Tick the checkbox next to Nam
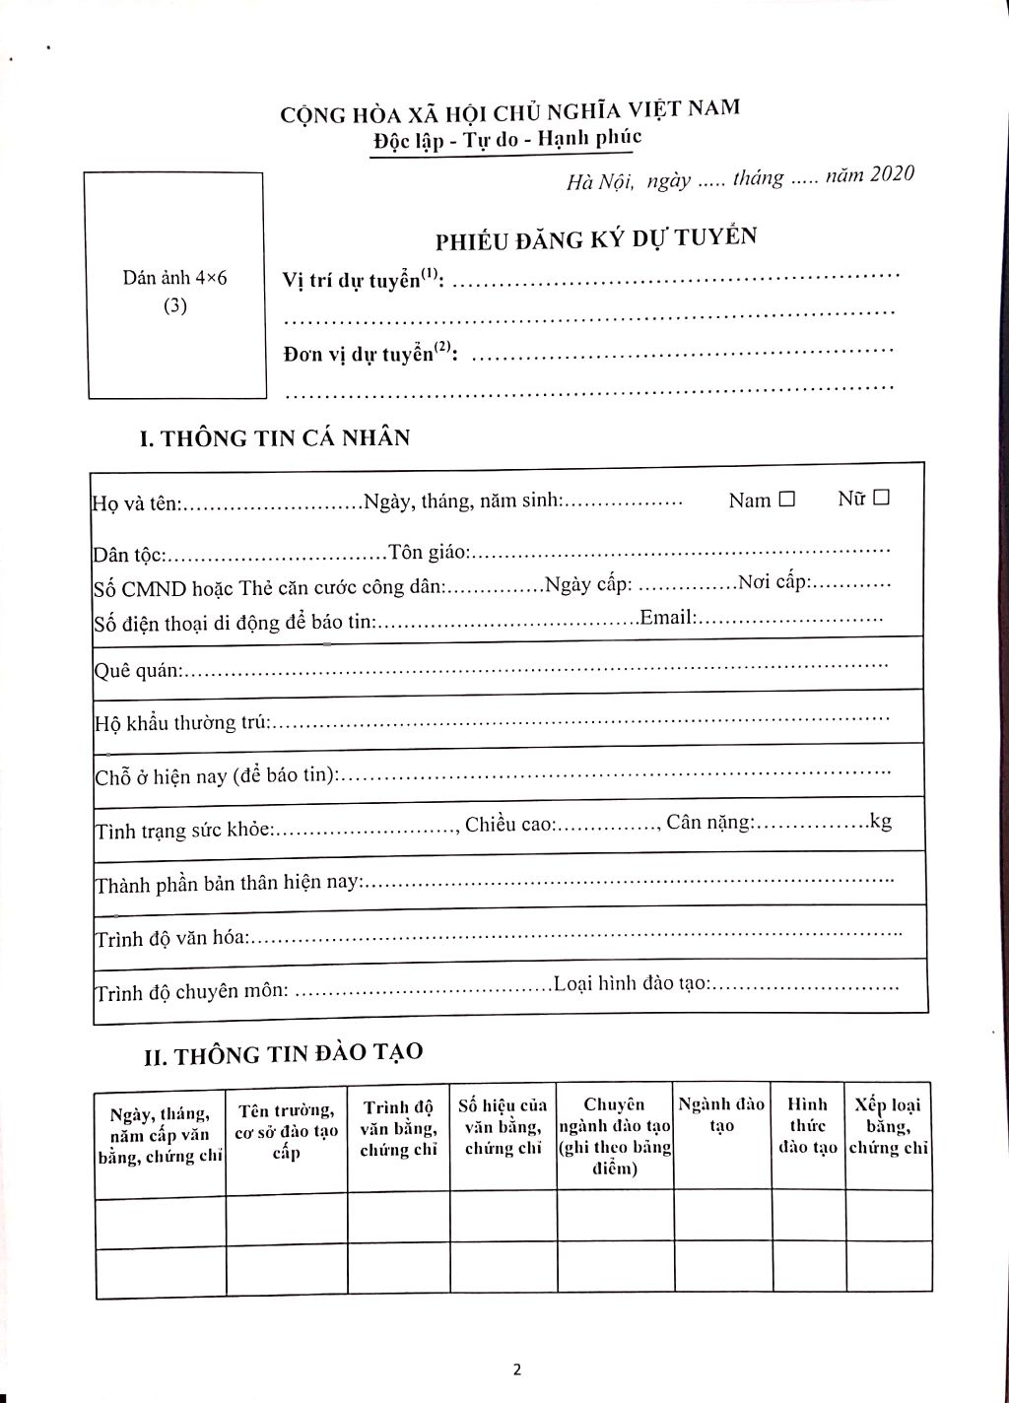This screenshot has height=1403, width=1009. point(786,500)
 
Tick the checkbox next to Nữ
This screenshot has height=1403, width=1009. point(881,498)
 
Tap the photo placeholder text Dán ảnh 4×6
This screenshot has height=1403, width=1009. point(175,278)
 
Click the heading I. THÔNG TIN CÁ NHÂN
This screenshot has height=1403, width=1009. point(275,437)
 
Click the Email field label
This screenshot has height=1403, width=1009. point(668,618)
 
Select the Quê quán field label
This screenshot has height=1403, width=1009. point(138,670)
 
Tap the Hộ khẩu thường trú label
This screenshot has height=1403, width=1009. point(181,723)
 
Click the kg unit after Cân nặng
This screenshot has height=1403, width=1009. point(880,821)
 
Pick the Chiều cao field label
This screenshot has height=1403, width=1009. point(509,824)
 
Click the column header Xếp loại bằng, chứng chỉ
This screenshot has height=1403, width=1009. point(888,1125)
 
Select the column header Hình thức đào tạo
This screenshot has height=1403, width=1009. point(808,1125)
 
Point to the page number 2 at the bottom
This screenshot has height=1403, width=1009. point(516,1370)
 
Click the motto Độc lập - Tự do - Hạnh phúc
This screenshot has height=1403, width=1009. point(506,140)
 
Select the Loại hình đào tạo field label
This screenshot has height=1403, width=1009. point(631,983)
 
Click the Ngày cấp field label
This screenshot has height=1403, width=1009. point(590,584)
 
